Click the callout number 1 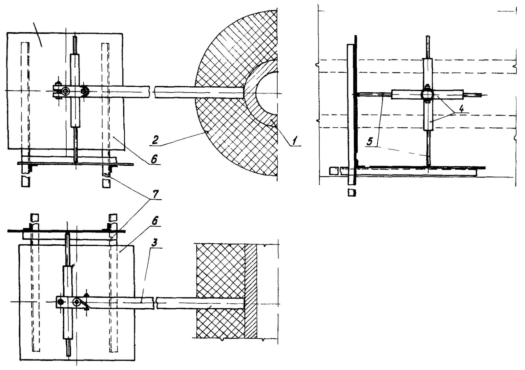tap(295, 141)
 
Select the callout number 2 tap(155, 140)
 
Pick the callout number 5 tap(370, 142)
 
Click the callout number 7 tap(156, 194)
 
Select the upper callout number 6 tap(154, 159)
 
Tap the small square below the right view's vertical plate tap(352, 193)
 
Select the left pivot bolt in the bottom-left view tap(60, 302)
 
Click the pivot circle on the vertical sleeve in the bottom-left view tap(77, 302)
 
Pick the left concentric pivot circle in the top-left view tap(65, 92)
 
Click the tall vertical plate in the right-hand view tap(350, 115)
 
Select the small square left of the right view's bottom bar tap(333, 171)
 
